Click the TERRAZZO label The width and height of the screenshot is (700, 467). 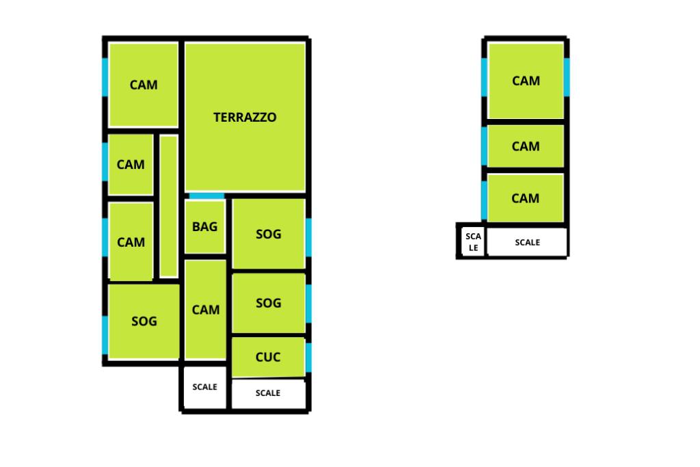[x=245, y=117]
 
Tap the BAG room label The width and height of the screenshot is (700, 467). [x=204, y=226]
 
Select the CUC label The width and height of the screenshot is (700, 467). [x=268, y=357]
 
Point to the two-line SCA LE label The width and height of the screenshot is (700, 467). [x=473, y=241]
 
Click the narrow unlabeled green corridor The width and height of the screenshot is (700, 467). [x=168, y=206]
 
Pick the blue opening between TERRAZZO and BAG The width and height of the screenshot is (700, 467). [x=206, y=196]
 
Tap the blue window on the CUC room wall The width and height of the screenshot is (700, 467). [x=309, y=356]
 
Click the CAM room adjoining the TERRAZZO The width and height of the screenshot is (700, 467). [x=144, y=85]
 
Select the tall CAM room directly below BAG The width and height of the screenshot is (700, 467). [x=206, y=310]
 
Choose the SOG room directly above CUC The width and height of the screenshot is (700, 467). [x=268, y=302]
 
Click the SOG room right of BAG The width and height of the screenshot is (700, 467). [x=268, y=234]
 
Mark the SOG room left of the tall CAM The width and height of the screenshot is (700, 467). [x=144, y=321]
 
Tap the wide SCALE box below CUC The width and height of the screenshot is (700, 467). [x=268, y=393]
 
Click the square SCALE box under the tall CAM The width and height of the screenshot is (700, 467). [x=204, y=387]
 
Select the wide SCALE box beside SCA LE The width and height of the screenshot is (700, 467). [x=527, y=242]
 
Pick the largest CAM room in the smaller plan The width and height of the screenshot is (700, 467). [x=526, y=81]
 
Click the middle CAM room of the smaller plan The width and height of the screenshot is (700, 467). [x=526, y=146]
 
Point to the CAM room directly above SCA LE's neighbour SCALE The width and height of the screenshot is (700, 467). [x=526, y=198]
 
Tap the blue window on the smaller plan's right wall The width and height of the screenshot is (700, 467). [x=567, y=77]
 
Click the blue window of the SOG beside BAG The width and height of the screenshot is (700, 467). [x=309, y=234]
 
